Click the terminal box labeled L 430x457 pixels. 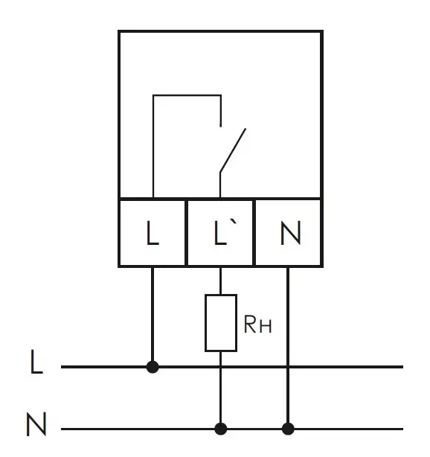click(153, 233)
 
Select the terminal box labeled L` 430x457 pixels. click(220, 233)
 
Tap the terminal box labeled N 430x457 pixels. click(289, 233)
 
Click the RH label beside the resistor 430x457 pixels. click(258, 324)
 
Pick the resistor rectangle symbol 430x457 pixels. click(221, 323)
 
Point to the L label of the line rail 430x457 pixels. click(36, 362)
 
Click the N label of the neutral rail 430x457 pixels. click(36, 424)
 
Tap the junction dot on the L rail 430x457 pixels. click(153, 367)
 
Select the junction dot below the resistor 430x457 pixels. click(220, 429)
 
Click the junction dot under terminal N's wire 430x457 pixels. click(288, 429)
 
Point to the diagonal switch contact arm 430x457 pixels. click(233, 150)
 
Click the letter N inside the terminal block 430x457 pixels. click(290, 232)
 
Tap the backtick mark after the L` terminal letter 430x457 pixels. click(233, 223)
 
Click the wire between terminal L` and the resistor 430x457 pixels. click(220, 281)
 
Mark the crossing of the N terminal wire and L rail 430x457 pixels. click(288, 367)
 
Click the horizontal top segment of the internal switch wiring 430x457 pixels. click(187, 95)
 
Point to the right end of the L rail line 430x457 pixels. click(403, 367)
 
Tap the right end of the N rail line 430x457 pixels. click(403, 429)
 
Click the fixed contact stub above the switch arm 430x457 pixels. click(220, 111)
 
